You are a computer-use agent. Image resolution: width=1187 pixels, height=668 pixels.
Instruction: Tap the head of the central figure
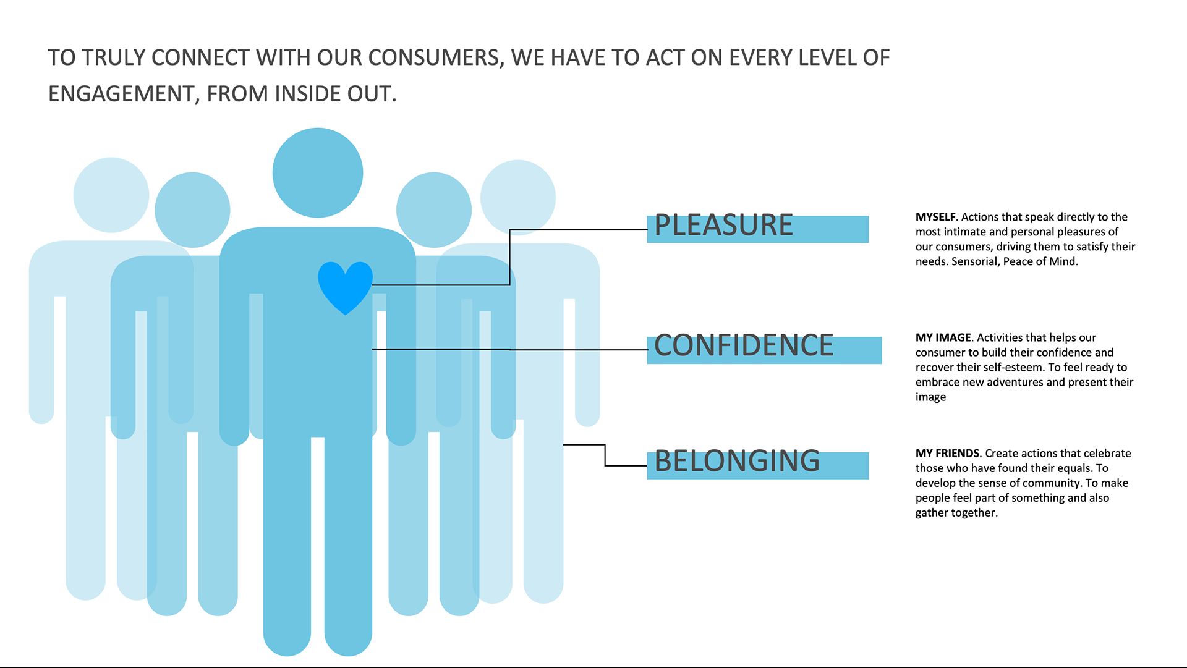click(x=318, y=172)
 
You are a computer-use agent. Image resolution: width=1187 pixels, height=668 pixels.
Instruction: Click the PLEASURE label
click(x=723, y=225)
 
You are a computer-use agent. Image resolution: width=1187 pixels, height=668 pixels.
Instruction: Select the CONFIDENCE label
click(x=744, y=345)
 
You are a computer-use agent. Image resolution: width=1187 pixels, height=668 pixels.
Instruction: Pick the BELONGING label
click(x=737, y=461)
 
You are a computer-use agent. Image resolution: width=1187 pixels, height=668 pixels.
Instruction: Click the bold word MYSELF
click(x=935, y=217)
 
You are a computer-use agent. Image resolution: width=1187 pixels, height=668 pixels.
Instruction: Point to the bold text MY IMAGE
click(x=943, y=337)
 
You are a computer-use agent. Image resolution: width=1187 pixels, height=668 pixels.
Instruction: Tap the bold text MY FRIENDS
click(x=947, y=453)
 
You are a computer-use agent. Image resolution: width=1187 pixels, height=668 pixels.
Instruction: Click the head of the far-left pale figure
click(x=111, y=195)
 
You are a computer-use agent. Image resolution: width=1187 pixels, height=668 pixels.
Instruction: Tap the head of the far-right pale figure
click(x=518, y=198)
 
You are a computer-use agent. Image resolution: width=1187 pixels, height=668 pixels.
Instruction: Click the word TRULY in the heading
click(x=114, y=58)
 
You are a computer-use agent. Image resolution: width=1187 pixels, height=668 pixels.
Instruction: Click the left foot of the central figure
click(x=287, y=636)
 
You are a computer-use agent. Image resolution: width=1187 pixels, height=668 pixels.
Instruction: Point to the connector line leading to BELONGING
click(x=605, y=455)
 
